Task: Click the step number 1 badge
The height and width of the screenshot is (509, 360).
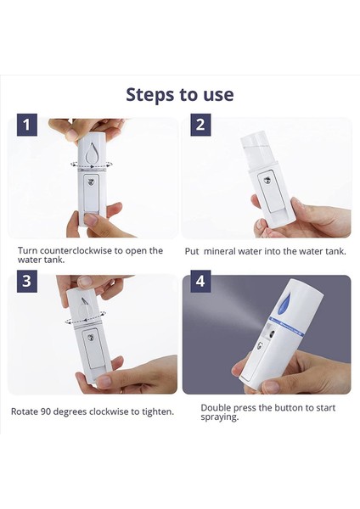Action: (27, 126)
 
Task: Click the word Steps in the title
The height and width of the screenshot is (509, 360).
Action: (151, 93)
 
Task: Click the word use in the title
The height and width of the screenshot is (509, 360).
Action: (216, 93)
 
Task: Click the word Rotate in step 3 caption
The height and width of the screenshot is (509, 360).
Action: (26, 411)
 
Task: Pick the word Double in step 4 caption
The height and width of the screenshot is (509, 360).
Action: (217, 408)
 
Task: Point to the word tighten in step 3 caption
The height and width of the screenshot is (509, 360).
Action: (156, 411)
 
